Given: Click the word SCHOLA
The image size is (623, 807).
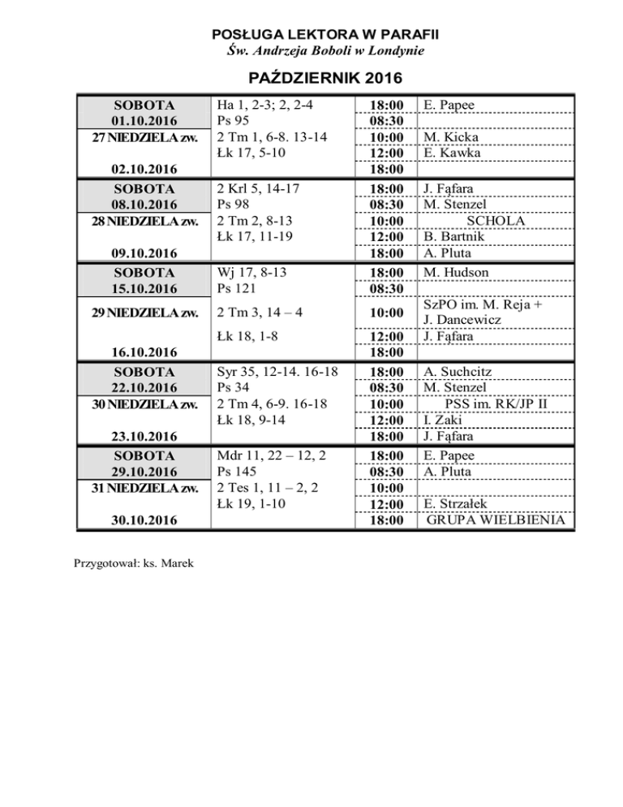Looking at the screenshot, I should [x=496, y=221].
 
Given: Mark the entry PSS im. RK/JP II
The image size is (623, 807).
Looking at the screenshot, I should [x=501, y=404].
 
